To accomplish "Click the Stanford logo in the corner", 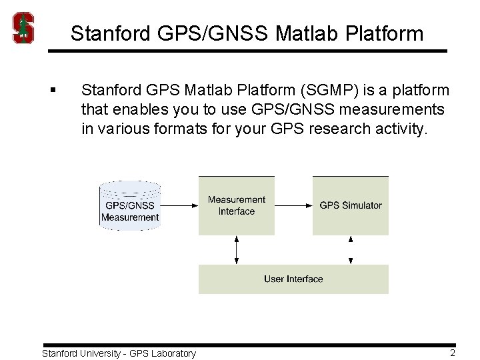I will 24,28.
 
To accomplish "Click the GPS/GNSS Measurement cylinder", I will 130,205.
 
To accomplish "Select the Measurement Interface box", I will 236,205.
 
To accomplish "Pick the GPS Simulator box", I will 351,205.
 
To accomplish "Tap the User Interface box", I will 293,279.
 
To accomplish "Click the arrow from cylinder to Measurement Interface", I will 180,205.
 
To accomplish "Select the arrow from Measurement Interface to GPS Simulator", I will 293,205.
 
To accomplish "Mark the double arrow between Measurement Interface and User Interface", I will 237,249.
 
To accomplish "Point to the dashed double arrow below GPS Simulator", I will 351,249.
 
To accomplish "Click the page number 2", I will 452,353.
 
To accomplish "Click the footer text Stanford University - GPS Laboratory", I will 119,353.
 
